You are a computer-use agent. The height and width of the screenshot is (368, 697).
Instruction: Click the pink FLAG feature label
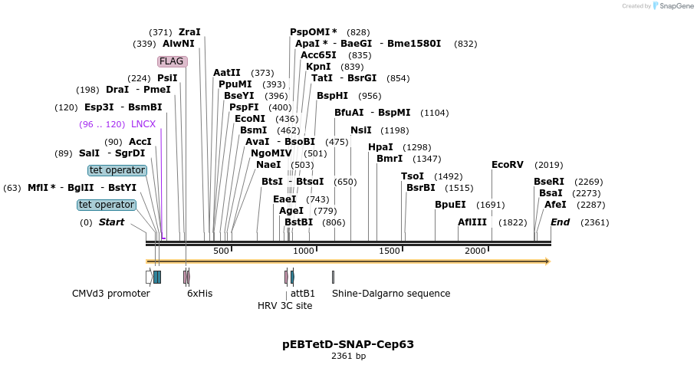coord(172,61)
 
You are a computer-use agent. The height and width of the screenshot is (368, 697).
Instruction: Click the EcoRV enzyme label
coord(507,165)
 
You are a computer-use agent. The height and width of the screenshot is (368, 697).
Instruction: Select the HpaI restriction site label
coord(380,147)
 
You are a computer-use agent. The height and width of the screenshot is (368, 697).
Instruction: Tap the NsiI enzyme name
coord(361,130)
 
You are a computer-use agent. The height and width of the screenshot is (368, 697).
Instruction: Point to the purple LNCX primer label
coord(143,124)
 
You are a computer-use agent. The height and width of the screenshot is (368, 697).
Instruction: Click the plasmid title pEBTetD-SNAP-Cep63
coord(348,344)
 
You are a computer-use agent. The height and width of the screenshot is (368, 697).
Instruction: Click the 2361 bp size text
coord(348,356)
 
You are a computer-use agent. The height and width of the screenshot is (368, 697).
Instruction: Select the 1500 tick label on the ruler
coord(390,251)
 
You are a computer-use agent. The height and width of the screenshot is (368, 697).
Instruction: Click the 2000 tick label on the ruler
coord(475,251)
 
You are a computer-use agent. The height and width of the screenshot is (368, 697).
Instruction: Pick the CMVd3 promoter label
coord(111,293)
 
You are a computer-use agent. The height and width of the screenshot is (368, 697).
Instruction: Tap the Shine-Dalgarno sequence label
coord(391,293)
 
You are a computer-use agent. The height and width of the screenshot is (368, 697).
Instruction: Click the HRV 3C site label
coord(284,305)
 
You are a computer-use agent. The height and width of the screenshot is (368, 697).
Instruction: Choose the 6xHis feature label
coord(200,293)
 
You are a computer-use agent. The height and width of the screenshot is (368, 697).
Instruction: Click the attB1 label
coord(303,293)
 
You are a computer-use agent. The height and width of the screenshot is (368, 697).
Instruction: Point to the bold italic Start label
coord(111,222)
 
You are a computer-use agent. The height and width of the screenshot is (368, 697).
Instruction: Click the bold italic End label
coord(561,222)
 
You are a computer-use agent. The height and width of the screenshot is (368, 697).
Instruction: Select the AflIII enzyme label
coord(472,222)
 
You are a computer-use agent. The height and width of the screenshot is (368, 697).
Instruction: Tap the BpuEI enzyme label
coord(450,205)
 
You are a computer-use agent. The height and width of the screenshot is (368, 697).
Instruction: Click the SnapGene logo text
coord(676,6)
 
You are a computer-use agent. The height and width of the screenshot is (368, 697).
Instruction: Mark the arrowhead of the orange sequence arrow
coord(547,261)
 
